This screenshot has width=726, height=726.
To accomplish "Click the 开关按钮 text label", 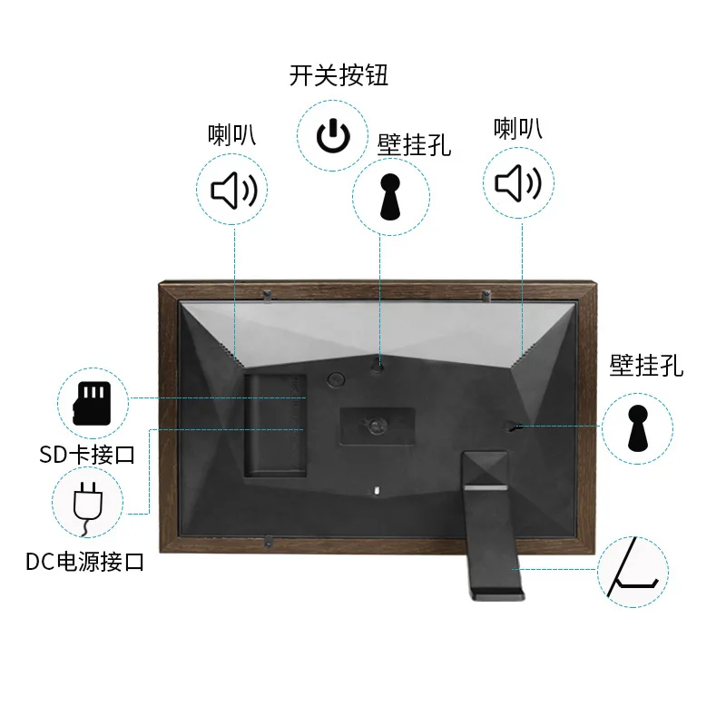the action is (338, 74).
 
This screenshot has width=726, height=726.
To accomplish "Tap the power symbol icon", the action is (333, 137).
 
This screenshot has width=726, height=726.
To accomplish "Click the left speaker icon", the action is (234, 190).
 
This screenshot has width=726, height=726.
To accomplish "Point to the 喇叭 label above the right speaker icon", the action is (518, 128).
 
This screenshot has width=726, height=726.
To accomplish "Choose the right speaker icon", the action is (519, 184).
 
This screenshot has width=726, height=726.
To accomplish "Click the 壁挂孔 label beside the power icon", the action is (414, 143).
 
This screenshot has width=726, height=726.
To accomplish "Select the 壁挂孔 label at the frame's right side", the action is (646, 366).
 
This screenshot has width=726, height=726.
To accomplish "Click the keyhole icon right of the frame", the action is (638, 428).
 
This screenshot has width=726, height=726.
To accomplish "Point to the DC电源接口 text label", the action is (85, 562).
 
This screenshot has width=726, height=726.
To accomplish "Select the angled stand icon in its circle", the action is (632, 570).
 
